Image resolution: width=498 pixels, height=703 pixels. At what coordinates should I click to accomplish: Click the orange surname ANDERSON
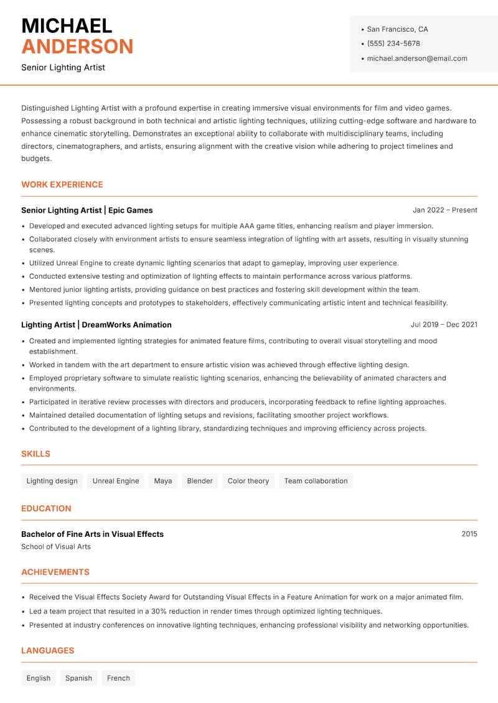77,47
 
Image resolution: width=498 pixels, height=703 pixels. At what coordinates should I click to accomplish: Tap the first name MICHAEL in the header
67,26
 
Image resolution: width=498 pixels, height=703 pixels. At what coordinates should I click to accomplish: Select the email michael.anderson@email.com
416,58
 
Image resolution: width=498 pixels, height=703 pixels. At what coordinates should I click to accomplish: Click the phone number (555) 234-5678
393,44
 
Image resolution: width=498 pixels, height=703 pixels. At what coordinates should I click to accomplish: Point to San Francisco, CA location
397,29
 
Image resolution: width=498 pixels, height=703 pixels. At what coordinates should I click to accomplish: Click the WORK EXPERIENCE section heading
62,185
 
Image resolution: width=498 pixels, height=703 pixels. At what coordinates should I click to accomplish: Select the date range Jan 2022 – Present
444,210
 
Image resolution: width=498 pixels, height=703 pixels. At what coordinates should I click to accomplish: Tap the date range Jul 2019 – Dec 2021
444,325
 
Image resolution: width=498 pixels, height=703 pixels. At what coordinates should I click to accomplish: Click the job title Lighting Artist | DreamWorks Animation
96,325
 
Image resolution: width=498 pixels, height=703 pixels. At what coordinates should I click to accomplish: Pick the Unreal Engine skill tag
116,481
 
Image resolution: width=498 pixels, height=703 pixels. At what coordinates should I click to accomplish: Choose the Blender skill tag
199,481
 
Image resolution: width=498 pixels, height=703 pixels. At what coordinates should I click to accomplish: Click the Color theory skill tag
248,481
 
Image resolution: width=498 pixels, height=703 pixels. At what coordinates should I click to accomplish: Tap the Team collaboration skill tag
316,481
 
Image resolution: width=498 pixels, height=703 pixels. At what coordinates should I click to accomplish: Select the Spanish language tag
78,678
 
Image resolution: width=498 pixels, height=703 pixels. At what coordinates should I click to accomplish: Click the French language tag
118,678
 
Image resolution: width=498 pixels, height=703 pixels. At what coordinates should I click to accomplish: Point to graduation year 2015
469,534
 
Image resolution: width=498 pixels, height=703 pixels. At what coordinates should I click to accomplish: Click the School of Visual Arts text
56,547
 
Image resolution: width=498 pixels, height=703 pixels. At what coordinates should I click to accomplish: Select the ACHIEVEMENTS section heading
55,572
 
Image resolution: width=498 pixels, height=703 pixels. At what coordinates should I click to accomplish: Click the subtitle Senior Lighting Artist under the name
63,67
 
